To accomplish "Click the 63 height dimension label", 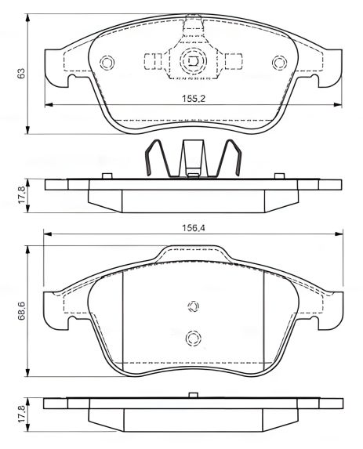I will [x=22, y=73].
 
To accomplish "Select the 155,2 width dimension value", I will [x=193, y=99].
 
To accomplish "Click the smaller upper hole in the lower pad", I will [x=193, y=307].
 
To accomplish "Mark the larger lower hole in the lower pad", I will [x=193, y=338].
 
